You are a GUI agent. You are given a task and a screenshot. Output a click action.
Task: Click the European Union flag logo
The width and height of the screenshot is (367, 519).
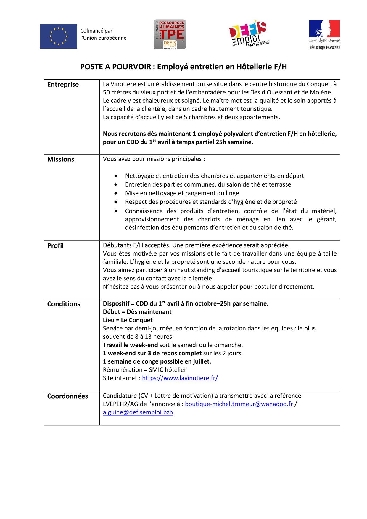(x=59, y=36)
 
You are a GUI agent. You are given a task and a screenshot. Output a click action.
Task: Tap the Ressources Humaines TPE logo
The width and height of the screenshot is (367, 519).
(x=170, y=34)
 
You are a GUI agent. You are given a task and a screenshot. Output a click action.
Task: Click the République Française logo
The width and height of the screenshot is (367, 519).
(x=324, y=35)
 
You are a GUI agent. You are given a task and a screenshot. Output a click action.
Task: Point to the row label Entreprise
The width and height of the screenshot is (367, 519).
(x=63, y=85)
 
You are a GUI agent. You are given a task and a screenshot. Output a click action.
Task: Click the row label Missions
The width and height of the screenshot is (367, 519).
(x=61, y=159)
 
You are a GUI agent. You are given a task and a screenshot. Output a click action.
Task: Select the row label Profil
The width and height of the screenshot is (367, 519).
(x=55, y=246)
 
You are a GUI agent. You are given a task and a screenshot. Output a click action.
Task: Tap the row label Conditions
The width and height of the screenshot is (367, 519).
(x=64, y=304)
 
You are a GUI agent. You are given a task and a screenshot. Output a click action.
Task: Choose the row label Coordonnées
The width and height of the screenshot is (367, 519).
(x=67, y=396)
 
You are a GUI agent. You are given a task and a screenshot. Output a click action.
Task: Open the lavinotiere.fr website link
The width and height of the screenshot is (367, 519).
(x=180, y=378)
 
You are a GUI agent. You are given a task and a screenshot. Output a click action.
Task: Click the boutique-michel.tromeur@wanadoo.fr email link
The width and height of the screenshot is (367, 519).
(x=239, y=404)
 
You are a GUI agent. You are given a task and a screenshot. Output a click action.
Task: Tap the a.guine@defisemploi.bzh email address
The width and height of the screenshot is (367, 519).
(x=138, y=412)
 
